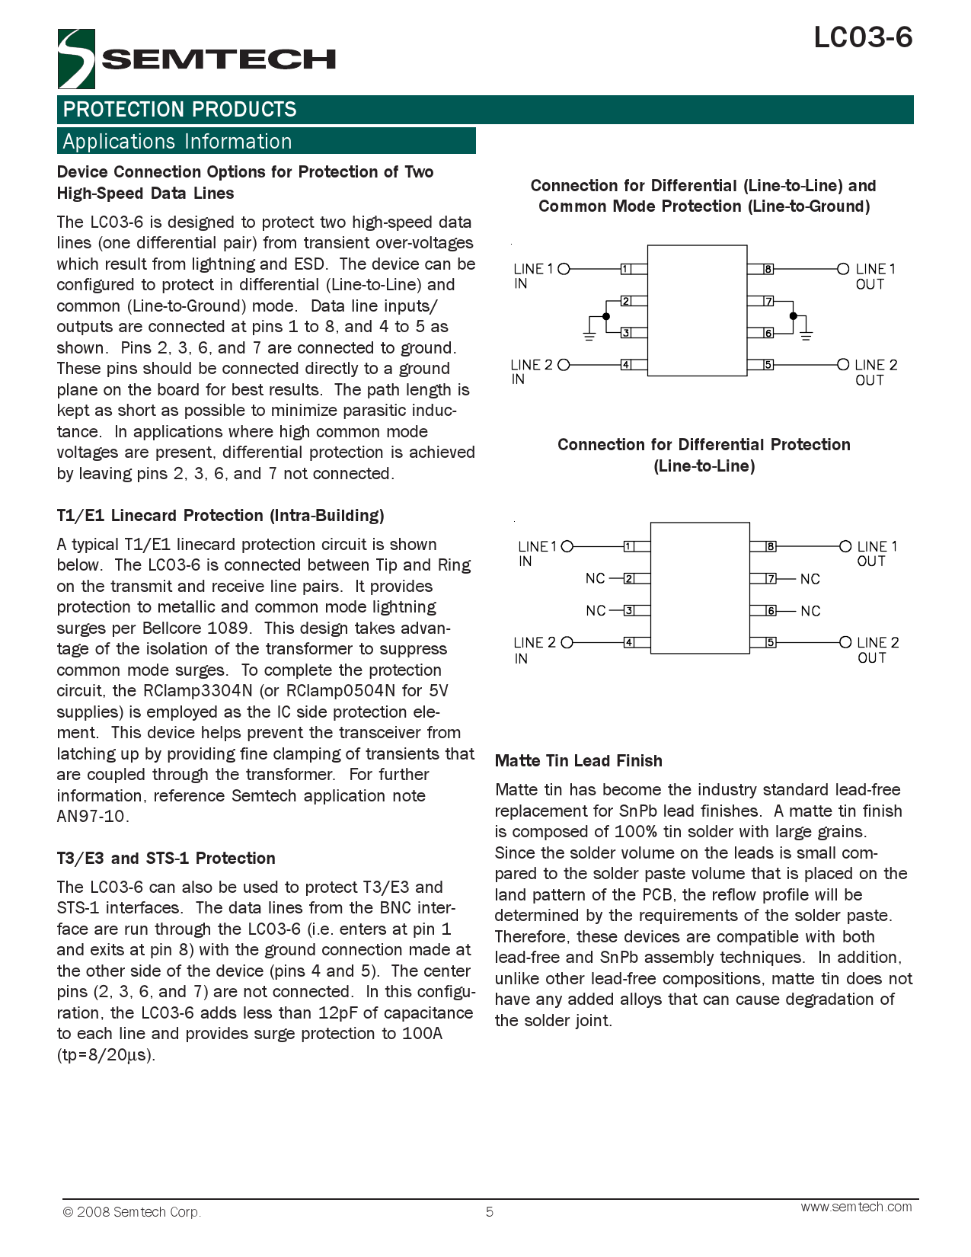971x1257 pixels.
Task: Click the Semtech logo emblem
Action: [76, 59]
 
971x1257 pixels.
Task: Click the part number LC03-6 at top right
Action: [862, 37]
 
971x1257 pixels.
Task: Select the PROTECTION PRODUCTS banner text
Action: [180, 110]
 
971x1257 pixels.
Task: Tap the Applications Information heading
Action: [177, 142]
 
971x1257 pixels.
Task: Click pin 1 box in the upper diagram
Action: [625, 269]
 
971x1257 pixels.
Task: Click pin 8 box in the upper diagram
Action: [768, 269]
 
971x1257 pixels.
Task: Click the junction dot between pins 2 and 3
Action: [606, 315]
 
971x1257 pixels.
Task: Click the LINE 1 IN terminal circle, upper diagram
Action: [564, 269]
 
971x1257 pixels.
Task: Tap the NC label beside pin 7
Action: [810, 580]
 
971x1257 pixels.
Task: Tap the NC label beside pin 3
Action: [596, 611]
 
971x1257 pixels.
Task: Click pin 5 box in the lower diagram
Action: [771, 642]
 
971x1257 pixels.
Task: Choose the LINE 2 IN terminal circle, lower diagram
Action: [567, 642]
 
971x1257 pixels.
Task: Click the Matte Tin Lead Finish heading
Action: [578, 761]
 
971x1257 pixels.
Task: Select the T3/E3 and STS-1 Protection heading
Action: [166, 859]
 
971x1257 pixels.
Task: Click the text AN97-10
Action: [91, 817]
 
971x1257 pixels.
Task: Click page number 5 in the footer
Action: [490, 1212]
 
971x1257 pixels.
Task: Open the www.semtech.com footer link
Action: [856, 1207]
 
